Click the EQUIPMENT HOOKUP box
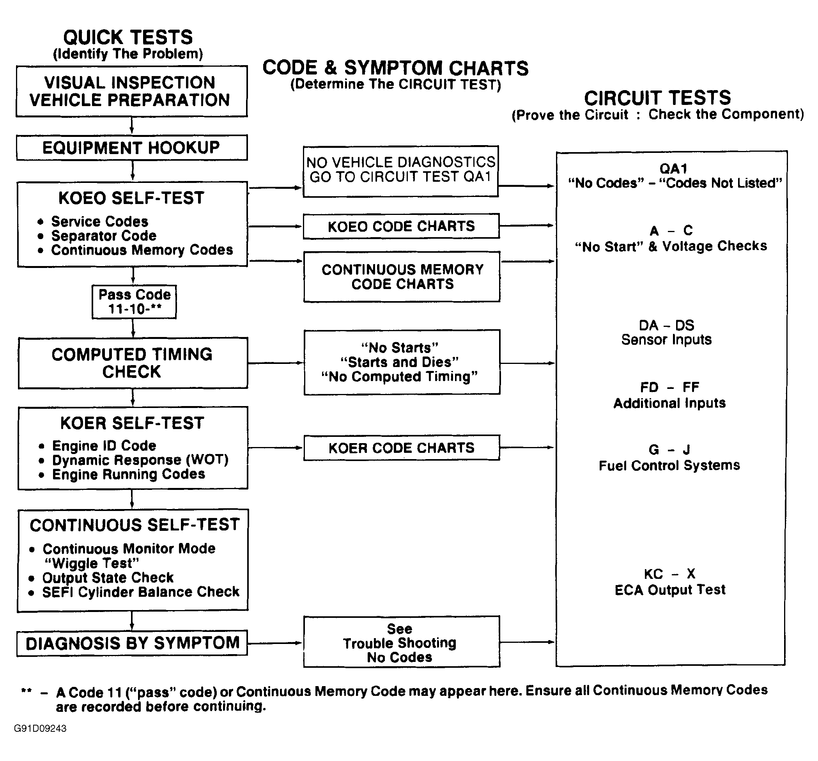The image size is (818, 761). click(132, 147)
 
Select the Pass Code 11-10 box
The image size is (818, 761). click(134, 302)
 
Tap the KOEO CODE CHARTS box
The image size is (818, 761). click(401, 226)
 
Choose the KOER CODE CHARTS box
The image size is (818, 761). click(402, 447)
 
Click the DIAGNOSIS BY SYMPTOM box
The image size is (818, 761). click(132, 643)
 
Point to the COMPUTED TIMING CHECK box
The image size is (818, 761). click(133, 363)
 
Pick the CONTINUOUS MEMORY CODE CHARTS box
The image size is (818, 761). click(402, 277)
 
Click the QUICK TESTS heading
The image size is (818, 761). click(128, 37)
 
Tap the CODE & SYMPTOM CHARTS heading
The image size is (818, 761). click(395, 68)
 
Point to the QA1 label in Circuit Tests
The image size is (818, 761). click(674, 169)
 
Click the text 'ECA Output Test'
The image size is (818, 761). click(670, 590)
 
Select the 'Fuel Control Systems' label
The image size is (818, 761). click(669, 465)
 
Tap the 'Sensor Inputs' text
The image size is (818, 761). click(666, 340)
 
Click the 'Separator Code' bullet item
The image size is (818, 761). click(103, 236)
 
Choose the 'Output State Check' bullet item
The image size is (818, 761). click(108, 577)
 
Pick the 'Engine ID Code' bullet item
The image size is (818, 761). click(104, 445)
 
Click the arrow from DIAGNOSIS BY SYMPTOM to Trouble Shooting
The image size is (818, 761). click(275, 643)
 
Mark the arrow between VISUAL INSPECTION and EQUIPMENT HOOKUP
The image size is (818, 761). click(132, 126)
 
